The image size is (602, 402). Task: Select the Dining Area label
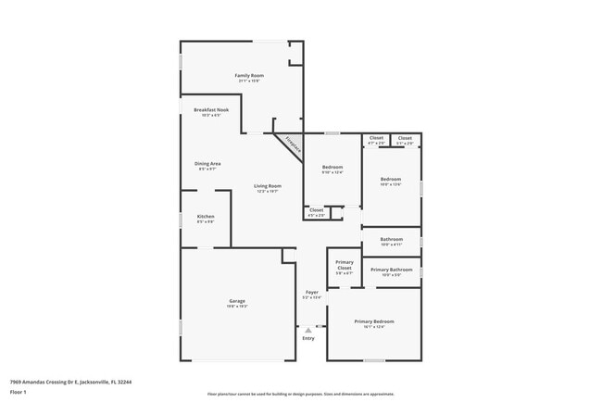pyautogui.click(x=208, y=163)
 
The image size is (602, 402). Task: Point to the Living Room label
pyautogui.click(x=268, y=185)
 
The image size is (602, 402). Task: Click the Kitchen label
pyautogui.click(x=206, y=217)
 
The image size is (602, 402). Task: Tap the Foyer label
pyautogui.click(x=312, y=292)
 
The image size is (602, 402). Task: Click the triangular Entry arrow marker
pyautogui.click(x=308, y=329)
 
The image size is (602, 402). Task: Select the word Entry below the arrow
pyautogui.click(x=308, y=338)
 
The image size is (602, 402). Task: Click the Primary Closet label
pyautogui.click(x=345, y=264)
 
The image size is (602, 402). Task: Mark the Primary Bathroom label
pyautogui.click(x=392, y=270)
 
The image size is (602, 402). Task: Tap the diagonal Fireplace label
pyautogui.click(x=293, y=144)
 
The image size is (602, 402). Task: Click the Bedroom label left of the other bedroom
pyautogui.click(x=332, y=167)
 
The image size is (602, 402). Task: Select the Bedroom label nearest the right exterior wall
pyautogui.click(x=390, y=179)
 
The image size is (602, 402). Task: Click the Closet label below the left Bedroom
pyautogui.click(x=316, y=209)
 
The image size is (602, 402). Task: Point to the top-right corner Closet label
pyautogui.click(x=405, y=138)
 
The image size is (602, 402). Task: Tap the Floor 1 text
pyautogui.click(x=19, y=392)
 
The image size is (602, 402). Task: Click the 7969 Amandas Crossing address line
pyautogui.click(x=70, y=381)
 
